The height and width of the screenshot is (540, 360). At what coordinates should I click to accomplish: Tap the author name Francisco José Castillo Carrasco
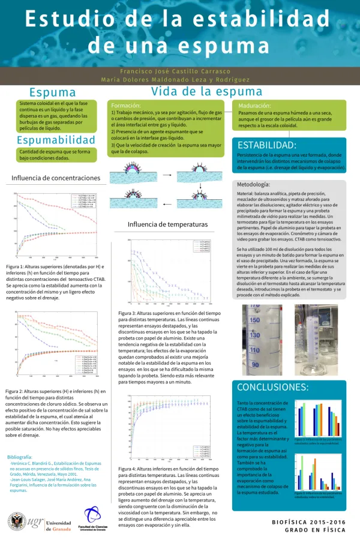point(180,71)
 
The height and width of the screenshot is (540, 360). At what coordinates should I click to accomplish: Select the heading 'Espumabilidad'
point(56,140)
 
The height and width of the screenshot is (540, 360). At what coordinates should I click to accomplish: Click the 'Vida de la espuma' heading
point(206,91)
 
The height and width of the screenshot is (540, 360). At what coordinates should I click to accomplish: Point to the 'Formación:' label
point(126,105)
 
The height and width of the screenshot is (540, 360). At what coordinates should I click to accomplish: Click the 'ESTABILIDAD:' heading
point(267,145)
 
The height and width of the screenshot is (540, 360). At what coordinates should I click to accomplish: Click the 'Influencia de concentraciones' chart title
point(56,178)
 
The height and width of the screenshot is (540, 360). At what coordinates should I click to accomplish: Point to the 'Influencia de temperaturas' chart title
point(167,224)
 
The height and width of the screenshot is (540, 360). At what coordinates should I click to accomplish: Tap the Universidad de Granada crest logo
point(17,506)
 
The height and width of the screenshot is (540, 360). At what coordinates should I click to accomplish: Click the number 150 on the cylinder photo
point(254,320)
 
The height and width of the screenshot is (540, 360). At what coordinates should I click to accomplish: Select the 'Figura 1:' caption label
point(16,266)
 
